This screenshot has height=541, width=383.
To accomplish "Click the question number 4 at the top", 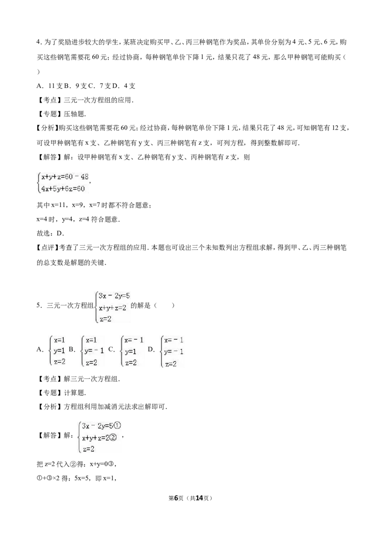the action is (x=38, y=43).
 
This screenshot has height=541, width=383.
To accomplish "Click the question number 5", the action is (x=39, y=305).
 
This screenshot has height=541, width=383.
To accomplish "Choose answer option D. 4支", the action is (x=124, y=86).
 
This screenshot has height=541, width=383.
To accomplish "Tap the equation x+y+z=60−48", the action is (x=65, y=177).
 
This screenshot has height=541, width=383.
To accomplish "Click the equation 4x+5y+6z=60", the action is (x=63, y=188).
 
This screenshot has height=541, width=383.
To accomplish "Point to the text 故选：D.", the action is (x=50, y=233).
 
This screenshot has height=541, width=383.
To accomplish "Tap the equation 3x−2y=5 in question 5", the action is (x=114, y=296).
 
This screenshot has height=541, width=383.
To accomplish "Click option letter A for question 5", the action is (x=39, y=349).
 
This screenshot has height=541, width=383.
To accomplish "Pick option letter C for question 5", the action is (x=111, y=349).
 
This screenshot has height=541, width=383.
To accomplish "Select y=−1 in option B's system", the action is (x=94, y=351).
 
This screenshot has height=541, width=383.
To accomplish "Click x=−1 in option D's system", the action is (x=173, y=340).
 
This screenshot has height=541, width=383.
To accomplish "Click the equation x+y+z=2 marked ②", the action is (x=100, y=437).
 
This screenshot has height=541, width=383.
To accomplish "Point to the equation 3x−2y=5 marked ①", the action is (x=101, y=426).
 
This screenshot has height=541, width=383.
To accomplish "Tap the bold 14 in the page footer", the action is (x=199, y=498).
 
